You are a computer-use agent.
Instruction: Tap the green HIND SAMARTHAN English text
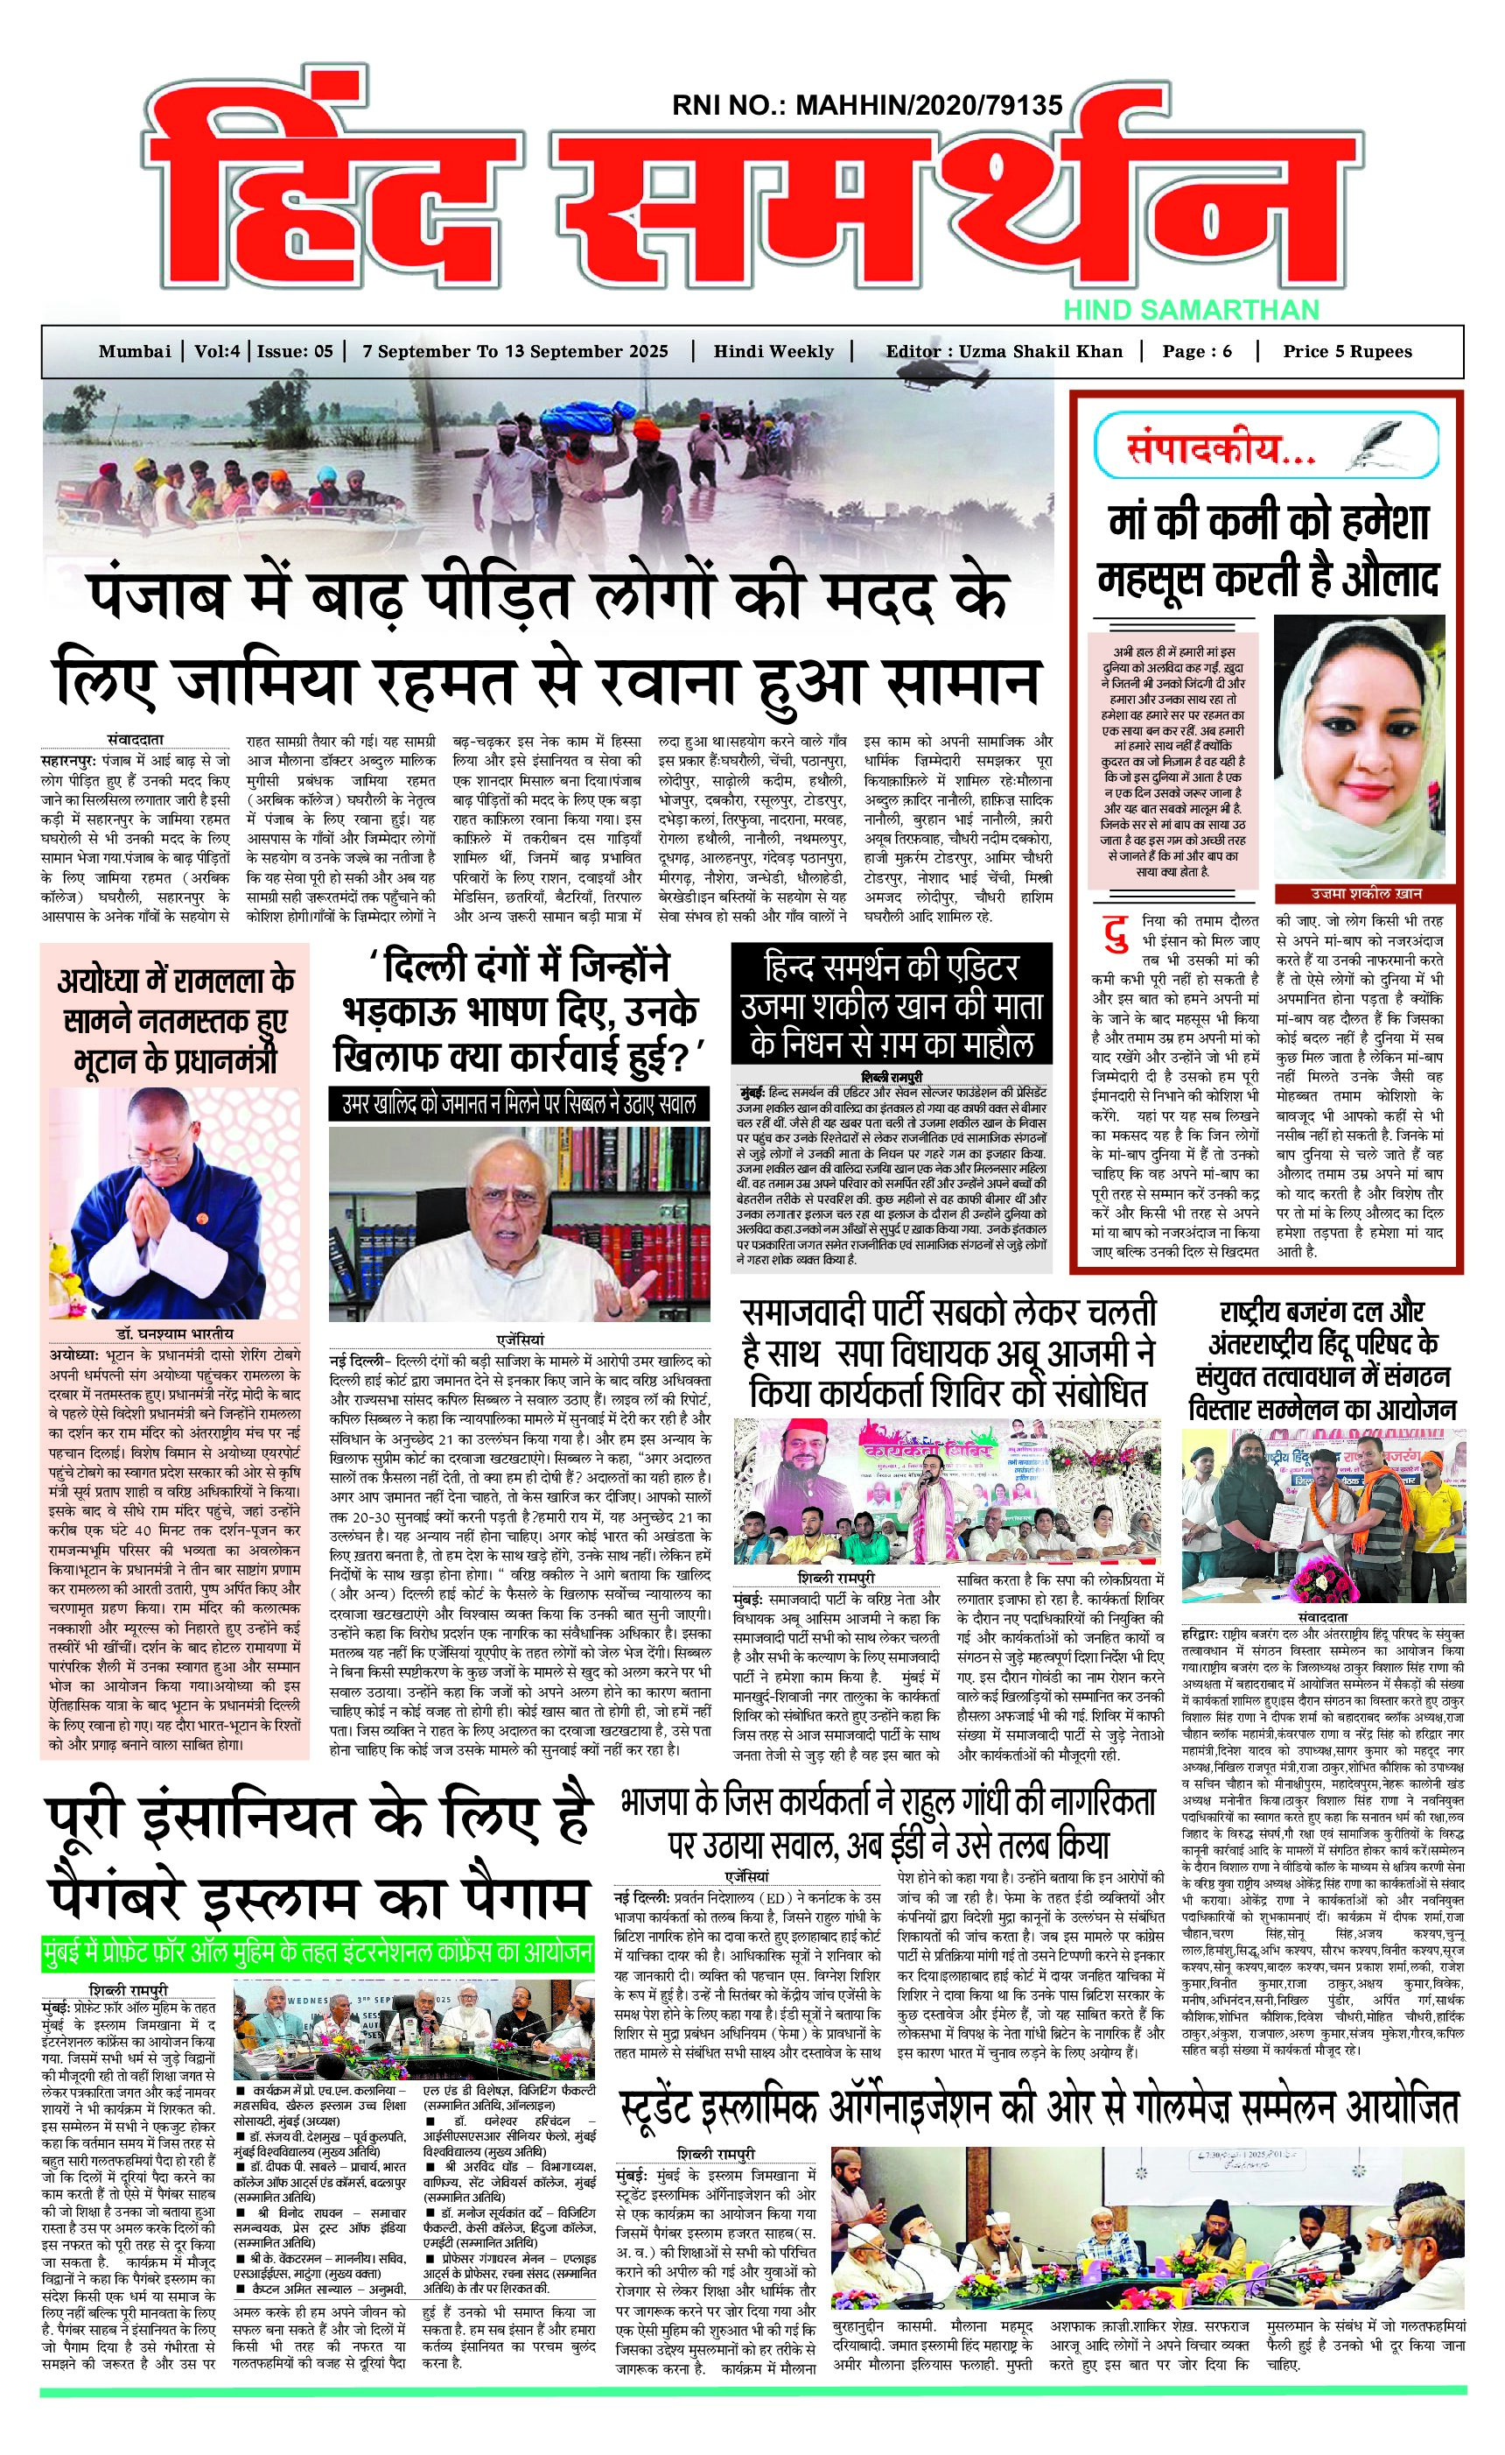(x=1190, y=310)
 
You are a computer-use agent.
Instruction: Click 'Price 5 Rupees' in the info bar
(x=1347, y=352)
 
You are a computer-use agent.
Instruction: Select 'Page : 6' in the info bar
(x=1196, y=352)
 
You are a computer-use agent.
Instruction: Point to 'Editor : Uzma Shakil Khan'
(x=1003, y=352)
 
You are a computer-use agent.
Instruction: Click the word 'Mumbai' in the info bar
(x=135, y=352)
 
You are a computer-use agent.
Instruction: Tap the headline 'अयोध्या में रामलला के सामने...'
(x=175, y=1019)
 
